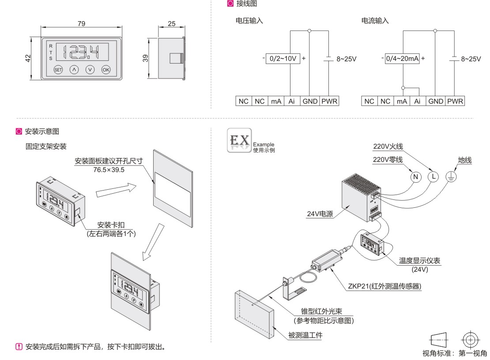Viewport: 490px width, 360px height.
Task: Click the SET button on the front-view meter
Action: point(58,69)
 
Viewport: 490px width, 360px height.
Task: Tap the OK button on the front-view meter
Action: point(106,69)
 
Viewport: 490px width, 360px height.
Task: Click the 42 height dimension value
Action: point(27,58)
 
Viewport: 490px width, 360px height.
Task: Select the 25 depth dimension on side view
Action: point(172,24)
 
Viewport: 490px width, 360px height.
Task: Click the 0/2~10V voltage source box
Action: point(283,58)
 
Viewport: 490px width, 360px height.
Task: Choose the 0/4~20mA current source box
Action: point(402,58)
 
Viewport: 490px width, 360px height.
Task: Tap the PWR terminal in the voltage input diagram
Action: point(329,101)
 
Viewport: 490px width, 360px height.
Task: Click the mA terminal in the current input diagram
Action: point(402,101)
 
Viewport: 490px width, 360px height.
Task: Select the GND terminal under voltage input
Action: point(310,101)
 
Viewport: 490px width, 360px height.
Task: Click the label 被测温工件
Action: point(305,336)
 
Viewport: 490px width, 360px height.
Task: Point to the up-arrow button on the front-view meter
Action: point(74,69)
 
